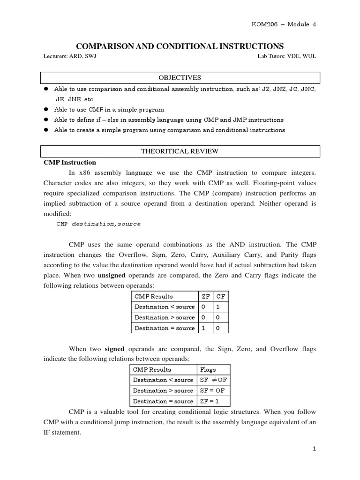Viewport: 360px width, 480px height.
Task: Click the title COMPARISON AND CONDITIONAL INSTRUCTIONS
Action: tap(180, 46)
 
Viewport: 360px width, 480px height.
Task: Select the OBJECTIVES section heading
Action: tap(180, 78)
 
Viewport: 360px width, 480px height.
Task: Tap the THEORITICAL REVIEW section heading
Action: tap(180, 151)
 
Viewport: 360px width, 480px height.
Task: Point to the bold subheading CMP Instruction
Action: tap(70, 163)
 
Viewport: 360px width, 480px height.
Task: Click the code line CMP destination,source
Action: tap(98, 224)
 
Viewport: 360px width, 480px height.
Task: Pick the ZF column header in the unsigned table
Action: tap(206, 296)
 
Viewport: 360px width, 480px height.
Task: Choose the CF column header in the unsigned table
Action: tap(221, 296)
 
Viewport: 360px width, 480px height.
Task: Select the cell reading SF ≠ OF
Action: tap(213, 380)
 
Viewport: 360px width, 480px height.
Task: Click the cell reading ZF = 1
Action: tap(209, 401)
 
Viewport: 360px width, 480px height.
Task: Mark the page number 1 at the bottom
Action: tap(315, 449)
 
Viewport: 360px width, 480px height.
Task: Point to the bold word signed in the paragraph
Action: tap(114, 349)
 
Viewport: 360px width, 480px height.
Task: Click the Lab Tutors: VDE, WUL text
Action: tap(286, 56)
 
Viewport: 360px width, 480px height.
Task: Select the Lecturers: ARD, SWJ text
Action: tap(71, 56)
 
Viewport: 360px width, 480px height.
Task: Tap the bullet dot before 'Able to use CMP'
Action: tap(46, 109)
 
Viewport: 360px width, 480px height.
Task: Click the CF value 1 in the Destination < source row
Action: tap(218, 307)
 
